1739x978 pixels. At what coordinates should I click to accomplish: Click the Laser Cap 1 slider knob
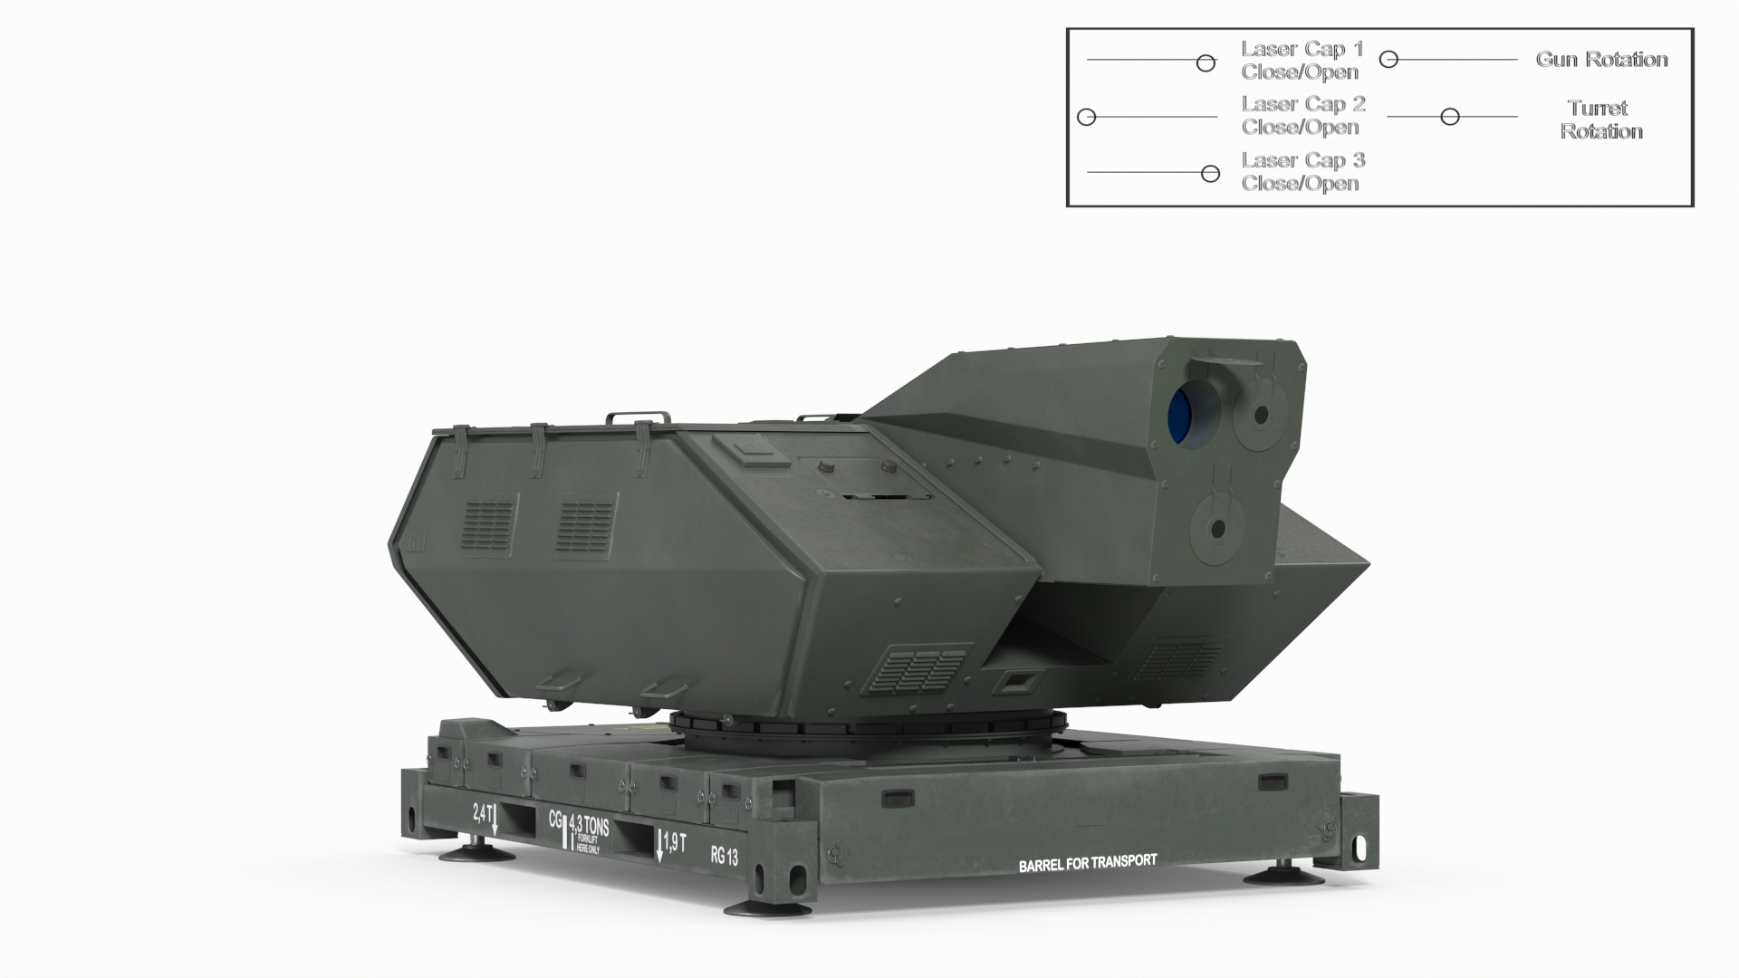point(1206,62)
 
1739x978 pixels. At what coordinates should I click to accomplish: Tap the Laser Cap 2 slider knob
point(1087,117)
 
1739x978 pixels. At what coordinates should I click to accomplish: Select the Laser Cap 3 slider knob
point(1210,174)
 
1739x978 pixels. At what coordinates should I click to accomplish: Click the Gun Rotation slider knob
point(1389,60)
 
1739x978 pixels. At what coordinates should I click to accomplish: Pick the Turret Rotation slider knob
point(1450,117)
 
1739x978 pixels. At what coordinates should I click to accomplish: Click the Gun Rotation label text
point(1601,60)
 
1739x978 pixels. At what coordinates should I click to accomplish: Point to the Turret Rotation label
point(1600,120)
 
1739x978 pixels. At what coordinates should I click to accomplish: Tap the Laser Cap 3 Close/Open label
point(1302,172)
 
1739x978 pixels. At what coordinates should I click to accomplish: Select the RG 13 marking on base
point(724,856)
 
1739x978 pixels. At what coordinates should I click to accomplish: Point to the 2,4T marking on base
point(483,812)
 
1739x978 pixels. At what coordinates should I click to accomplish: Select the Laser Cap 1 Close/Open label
point(1302,60)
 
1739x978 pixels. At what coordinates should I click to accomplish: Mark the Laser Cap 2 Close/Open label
point(1302,116)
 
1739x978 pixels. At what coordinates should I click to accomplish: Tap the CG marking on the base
point(555,819)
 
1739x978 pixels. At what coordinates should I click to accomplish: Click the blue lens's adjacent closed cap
point(1260,416)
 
